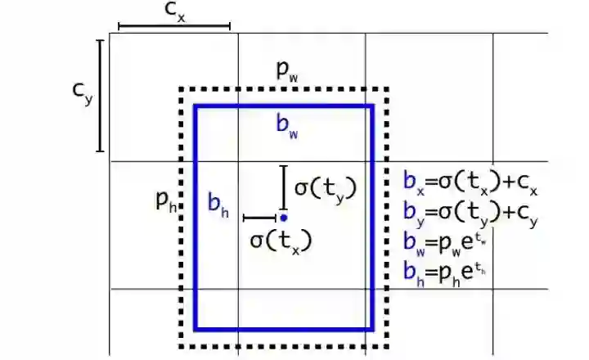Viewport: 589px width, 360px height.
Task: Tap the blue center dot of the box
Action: coord(283,218)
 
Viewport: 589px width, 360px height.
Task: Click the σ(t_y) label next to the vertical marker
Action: coord(325,187)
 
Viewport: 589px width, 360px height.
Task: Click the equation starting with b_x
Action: coord(471,182)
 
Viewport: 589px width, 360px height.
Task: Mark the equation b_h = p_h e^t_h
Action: coord(451,270)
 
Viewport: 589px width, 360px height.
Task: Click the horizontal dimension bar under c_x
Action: coord(174,27)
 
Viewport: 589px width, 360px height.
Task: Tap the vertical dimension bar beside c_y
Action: coord(101,95)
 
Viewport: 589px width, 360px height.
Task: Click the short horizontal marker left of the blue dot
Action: coord(261,218)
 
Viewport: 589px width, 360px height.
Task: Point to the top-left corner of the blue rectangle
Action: coord(196,106)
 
